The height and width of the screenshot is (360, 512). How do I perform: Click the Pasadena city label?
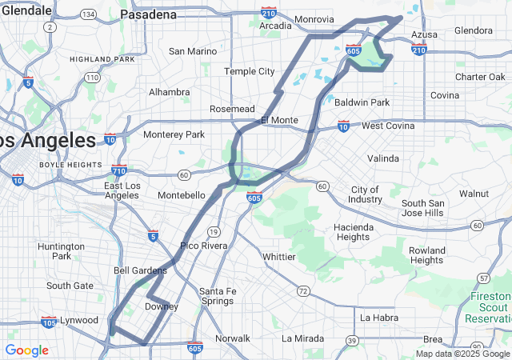[148, 15]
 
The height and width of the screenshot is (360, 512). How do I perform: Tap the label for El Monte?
[279, 120]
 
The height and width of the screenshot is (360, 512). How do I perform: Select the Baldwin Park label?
[362, 102]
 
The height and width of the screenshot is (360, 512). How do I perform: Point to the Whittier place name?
[279, 257]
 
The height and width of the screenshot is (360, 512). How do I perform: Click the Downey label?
[161, 306]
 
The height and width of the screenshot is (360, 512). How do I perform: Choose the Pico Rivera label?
[203, 246]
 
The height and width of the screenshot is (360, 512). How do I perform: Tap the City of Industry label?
[366, 194]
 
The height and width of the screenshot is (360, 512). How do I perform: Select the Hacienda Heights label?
[353, 232]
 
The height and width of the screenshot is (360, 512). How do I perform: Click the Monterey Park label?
[174, 134]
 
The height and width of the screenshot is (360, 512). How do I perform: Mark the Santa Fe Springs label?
[217, 296]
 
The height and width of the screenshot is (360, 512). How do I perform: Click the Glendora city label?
[474, 30]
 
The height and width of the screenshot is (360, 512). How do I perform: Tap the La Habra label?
[378, 318]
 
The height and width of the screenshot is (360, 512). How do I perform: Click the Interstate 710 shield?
[119, 170]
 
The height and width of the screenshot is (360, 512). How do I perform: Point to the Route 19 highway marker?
[214, 231]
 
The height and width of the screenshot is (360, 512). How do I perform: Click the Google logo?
[26, 350]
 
